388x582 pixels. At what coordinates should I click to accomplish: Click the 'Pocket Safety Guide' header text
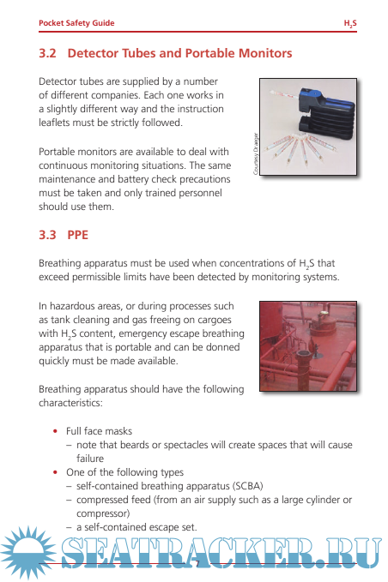(x=76, y=23)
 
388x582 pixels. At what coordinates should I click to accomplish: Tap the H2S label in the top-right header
(x=350, y=23)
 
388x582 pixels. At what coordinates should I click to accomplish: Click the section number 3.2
(x=47, y=53)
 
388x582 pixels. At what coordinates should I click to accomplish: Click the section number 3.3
(x=47, y=235)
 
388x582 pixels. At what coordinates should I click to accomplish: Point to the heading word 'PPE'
(x=77, y=235)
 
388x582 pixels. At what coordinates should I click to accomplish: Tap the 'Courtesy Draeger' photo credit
(x=256, y=153)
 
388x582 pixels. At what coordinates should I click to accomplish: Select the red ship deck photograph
(x=308, y=346)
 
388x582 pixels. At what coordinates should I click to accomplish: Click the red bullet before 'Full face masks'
(x=56, y=431)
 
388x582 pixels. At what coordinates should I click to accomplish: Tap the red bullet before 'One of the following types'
(x=56, y=472)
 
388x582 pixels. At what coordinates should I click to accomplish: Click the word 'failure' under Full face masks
(x=90, y=459)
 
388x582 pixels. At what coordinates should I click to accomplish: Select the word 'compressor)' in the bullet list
(x=103, y=514)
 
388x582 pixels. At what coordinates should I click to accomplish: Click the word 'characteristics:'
(x=70, y=403)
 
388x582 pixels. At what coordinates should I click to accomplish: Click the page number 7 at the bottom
(x=197, y=564)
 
